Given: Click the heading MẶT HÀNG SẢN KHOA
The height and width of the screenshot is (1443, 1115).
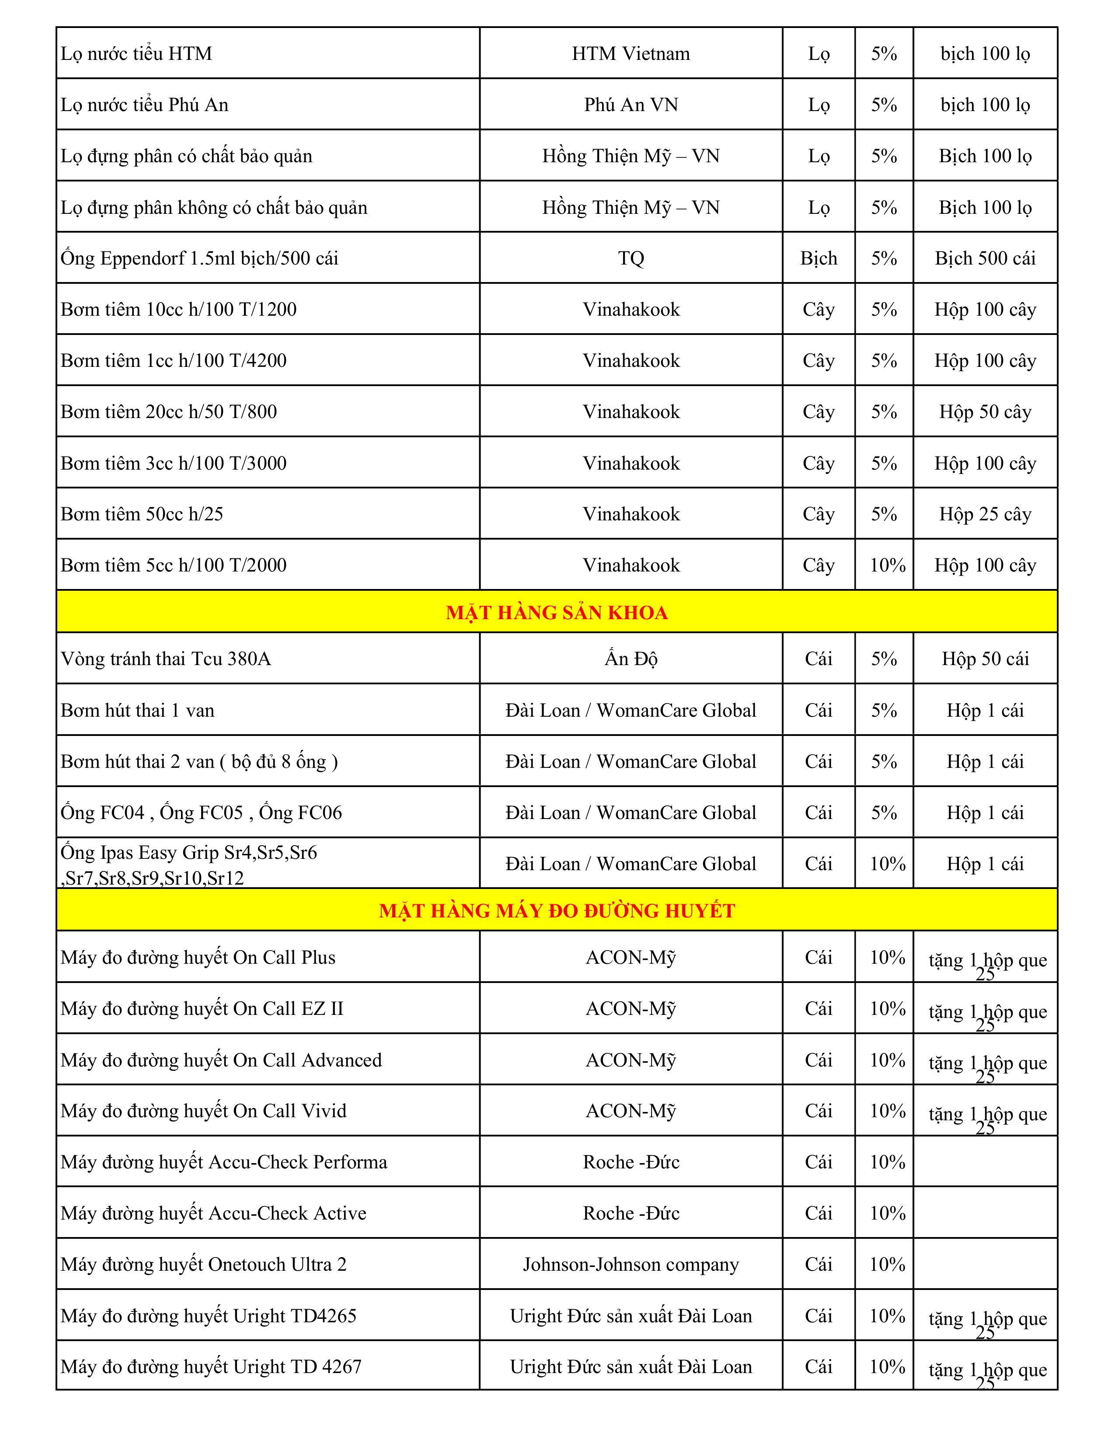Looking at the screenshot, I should click(x=557, y=613).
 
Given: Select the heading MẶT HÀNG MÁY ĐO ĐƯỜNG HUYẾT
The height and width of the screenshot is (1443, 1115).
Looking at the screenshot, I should click(x=557, y=910).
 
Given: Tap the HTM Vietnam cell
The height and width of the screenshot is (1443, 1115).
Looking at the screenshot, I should click(x=631, y=53).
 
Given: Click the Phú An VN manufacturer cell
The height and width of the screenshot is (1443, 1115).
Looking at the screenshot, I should click(x=631, y=105).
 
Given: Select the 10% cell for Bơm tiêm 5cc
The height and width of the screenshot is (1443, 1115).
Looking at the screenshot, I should click(x=887, y=565).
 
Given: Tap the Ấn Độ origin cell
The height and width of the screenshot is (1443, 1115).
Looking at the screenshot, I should click(x=631, y=659).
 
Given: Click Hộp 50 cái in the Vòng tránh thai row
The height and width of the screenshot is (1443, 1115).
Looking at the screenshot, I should click(x=985, y=659).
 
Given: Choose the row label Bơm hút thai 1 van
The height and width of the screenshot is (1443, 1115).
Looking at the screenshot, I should click(x=137, y=710).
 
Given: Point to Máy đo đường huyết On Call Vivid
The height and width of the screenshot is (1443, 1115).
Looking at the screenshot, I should click(x=203, y=1111).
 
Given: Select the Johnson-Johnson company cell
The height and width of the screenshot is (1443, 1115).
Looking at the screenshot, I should click(x=631, y=1264).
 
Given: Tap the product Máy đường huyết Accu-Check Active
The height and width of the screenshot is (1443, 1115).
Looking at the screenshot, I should click(x=213, y=1213).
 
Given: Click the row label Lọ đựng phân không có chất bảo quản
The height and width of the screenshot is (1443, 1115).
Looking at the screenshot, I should click(x=214, y=207).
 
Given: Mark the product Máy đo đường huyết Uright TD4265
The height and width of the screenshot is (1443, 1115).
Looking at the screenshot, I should click(x=209, y=1315).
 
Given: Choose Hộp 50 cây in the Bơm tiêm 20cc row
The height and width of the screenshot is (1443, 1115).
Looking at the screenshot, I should click(x=985, y=411).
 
